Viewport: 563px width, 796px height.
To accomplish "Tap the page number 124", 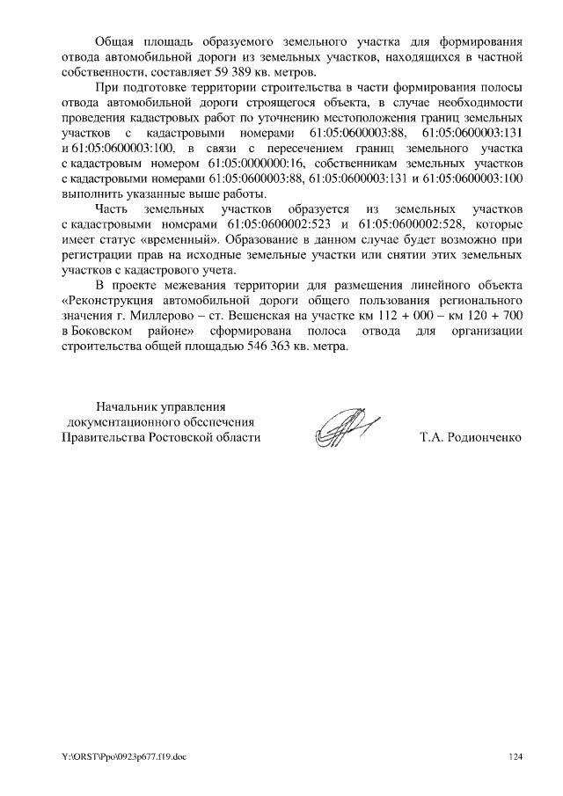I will (515, 756).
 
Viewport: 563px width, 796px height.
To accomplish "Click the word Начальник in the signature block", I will (123, 406).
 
